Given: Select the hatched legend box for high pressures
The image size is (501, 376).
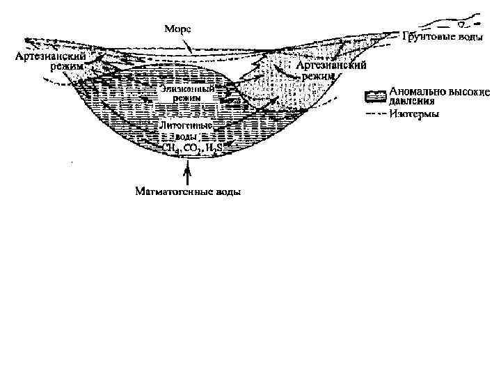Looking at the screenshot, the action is point(376,94).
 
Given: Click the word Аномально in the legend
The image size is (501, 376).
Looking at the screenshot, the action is point(415,90).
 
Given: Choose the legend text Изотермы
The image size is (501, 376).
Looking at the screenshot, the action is point(414,114).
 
